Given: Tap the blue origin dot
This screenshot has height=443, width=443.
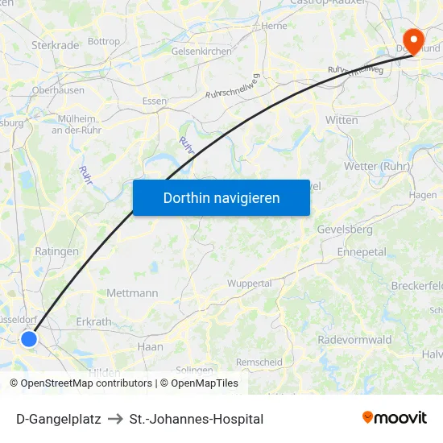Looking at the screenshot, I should [x=29, y=339].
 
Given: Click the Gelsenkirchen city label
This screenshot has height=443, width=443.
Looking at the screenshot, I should [x=201, y=51].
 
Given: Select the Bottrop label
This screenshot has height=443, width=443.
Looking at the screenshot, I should [x=103, y=41].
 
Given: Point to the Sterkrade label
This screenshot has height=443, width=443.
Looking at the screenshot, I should [x=56, y=45].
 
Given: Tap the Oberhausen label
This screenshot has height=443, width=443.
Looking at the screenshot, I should [x=58, y=90].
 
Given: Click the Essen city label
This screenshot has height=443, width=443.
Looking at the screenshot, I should [x=155, y=101].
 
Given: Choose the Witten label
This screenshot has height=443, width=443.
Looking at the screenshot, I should [x=342, y=119].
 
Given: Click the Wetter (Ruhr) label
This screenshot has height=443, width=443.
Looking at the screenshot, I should [x=377, y=166].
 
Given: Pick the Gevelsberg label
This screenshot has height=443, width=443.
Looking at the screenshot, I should [x=345, y=230].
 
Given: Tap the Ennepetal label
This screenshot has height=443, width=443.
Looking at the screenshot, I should [x=362, y=252].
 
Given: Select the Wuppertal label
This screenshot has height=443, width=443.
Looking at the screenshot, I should [x=250, y=284].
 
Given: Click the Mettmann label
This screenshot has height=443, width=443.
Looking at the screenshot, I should [x=133, y=293].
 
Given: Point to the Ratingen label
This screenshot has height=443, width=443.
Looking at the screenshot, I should [x=57, y=251].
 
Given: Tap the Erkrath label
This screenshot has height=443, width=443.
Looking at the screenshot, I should [x=93, y=322].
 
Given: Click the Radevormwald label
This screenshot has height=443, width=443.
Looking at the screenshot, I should [x=354, y=339].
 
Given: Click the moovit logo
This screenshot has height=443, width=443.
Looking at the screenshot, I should [x=395, y=418].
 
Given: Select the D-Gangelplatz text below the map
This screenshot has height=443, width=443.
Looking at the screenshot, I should [x=58, y=419].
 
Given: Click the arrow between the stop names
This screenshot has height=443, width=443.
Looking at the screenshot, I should [x=115, y=419].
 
